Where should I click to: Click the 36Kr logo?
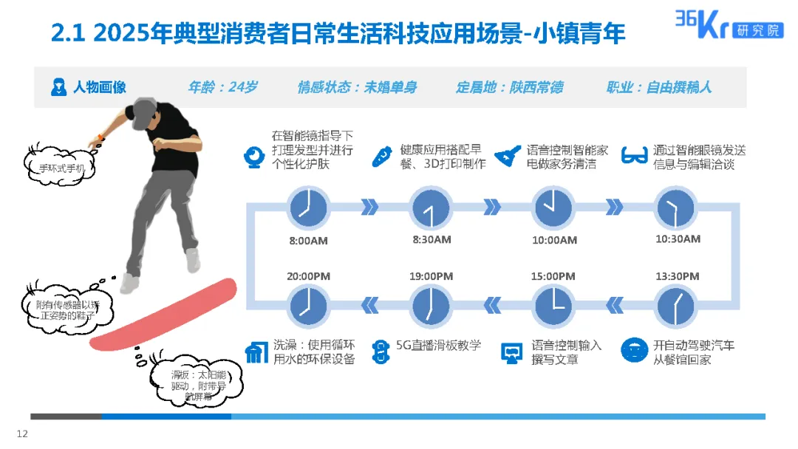[728, 24]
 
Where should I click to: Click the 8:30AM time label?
[432, 239]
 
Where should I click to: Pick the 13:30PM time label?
[678, 276]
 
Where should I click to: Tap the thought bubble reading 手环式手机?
[67, 168]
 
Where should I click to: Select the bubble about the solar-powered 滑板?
[188, 385]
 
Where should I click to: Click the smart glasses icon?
[632, 156]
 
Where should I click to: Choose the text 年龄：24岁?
[222, 87]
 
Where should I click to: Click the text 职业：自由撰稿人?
[658, 87]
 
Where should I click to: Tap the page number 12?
[22, 433]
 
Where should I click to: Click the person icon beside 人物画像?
[59, 87]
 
